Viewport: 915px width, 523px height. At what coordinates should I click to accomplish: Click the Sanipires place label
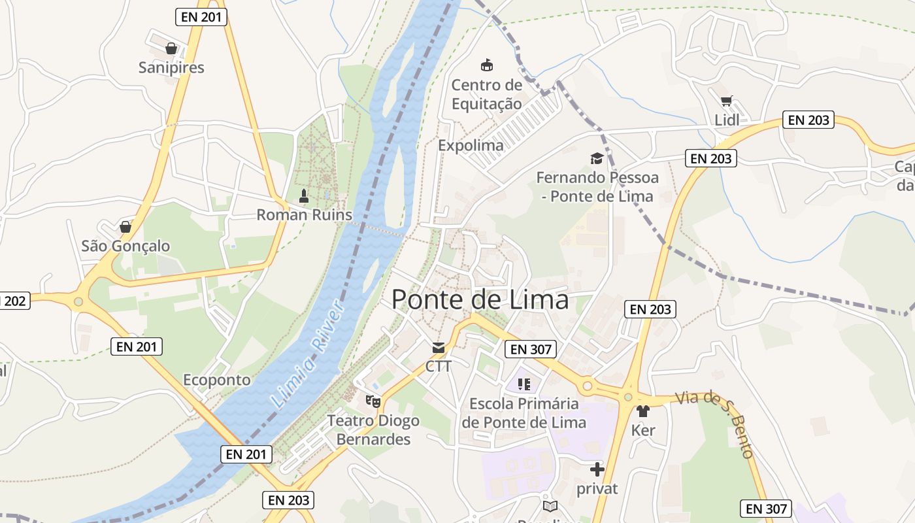(x=171, y=67)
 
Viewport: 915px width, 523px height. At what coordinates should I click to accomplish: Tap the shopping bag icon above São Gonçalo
(x=125, y=227)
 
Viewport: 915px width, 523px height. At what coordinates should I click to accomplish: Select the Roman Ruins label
(x=304, y=214)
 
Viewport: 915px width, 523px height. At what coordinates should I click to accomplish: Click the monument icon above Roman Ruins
(x=303, y=195)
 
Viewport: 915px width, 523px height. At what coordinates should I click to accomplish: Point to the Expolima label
(x=471, y=145)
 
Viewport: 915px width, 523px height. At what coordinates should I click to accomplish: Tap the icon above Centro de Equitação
(x=486, y=65)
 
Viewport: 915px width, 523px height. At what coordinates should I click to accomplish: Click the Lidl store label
(x=726, y=120)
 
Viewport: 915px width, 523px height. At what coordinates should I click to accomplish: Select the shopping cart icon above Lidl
(x=726, y=101)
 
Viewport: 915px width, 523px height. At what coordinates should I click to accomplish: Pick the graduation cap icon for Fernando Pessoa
(x=597, y=158)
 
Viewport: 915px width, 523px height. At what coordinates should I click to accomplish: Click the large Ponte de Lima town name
(x=480, y=300)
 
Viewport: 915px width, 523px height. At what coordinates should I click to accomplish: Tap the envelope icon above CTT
(x=438, y=348)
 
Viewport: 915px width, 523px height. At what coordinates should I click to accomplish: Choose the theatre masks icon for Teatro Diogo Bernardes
(x=373, y=401)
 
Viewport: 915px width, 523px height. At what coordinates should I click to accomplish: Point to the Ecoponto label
(x=216, y=380)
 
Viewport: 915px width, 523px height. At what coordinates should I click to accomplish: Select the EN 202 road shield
(x=13, y=301)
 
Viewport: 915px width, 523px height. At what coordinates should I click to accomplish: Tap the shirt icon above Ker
(x=643, y=411)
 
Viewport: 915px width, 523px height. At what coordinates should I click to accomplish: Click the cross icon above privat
(x=597, y=469)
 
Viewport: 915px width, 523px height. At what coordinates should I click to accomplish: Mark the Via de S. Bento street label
(x=716, y=424)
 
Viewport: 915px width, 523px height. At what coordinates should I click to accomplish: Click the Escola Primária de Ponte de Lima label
(x=524, y=413)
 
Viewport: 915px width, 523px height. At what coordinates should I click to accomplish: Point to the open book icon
(x=550, y=506)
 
